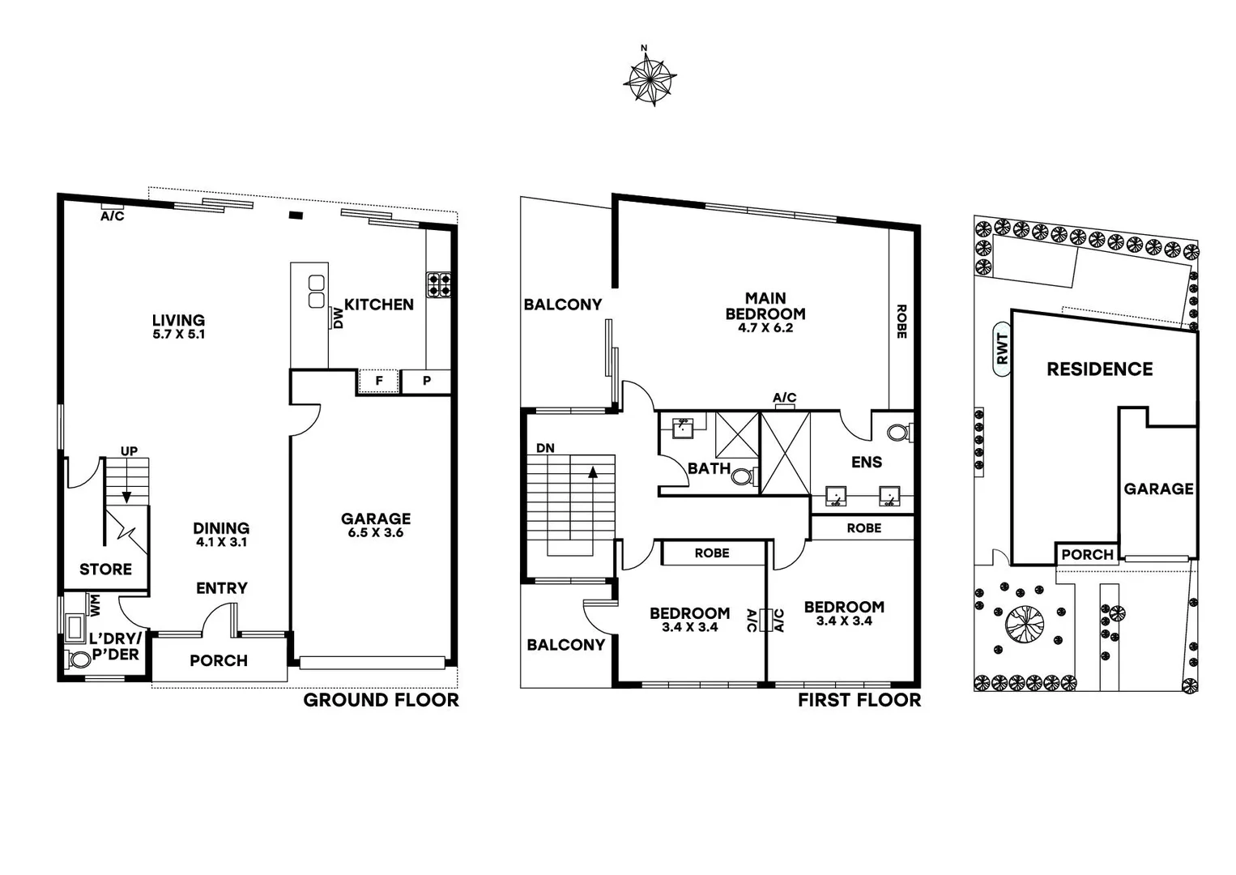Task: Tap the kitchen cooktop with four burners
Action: (439, 284)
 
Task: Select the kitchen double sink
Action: (317, 292)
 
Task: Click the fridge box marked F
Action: (379, 381)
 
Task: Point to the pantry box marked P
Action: (426, 381)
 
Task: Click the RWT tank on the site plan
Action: (1003, 349)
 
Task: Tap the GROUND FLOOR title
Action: (381, 700)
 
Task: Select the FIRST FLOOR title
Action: (859, 700)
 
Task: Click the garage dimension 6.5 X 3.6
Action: (376, 533)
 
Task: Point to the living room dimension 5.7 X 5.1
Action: (178, 334)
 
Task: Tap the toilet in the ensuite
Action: (897, 433)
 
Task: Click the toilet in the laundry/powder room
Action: (80, 659)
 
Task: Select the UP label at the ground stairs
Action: (129, 451)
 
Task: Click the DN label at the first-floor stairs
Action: (545, 448)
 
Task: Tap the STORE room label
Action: (105, 570)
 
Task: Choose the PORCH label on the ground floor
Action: (219, 660)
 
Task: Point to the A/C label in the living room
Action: (113, 216)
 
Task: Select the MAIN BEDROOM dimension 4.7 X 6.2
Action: (765, 328)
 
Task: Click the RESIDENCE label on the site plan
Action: (1099, 369)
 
